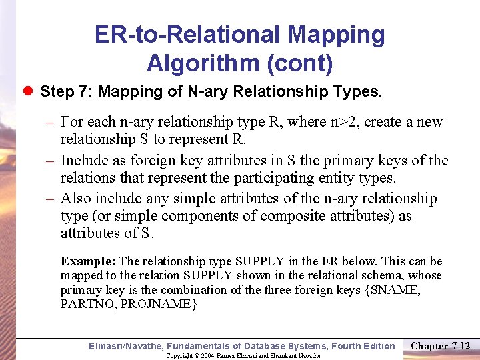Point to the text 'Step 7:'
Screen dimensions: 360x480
click(x=65, y=91)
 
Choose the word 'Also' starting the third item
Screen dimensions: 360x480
click(x=75, y=199)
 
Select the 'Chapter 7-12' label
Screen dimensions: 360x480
click(x=441, y=345)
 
